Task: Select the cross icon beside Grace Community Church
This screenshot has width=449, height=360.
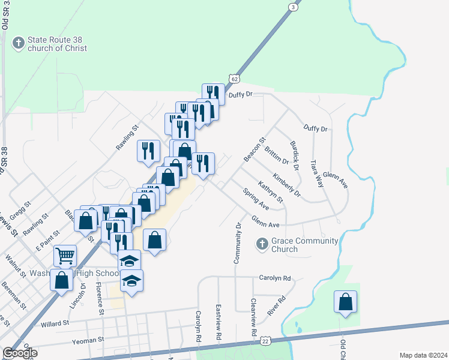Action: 262,244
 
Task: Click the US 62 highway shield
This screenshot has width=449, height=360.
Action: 234,79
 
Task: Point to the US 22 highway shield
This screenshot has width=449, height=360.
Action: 265,340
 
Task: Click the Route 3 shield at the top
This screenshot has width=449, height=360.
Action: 292,7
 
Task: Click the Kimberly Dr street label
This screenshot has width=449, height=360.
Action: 286,184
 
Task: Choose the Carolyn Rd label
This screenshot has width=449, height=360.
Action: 275,278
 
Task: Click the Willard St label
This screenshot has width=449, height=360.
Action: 55,323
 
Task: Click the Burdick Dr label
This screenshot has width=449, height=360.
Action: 294,155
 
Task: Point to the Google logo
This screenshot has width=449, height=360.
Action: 20,353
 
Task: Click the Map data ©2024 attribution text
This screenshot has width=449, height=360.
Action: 424,355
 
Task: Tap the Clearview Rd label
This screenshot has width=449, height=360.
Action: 254,317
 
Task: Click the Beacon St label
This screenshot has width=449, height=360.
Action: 254,150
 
